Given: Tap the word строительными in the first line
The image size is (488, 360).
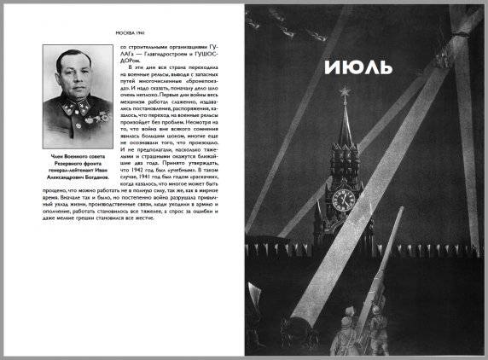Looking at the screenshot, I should [157, 49].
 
